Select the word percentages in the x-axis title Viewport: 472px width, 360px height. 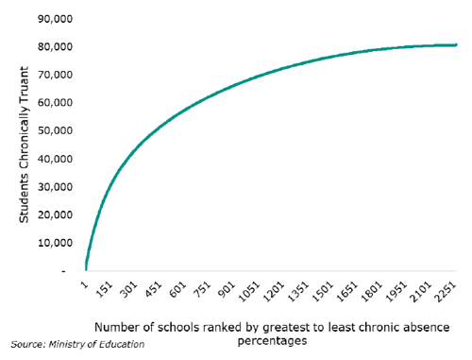point(273,340)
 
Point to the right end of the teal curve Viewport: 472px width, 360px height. point(456,44)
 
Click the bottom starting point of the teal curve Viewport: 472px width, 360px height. point(86,269)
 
